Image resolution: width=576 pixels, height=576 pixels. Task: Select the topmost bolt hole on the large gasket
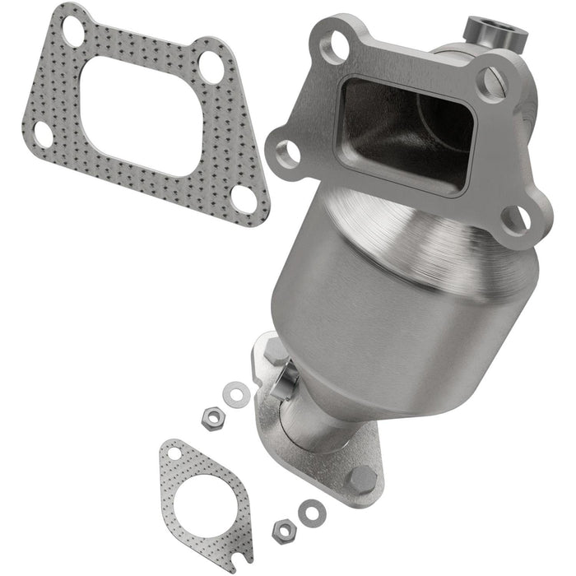coord(73,30)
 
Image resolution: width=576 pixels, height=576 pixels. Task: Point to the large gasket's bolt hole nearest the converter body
coord(244,197)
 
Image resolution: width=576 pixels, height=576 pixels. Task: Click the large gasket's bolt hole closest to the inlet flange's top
coord(211,66)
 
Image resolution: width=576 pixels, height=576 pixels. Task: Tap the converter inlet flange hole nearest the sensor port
coord(490,83)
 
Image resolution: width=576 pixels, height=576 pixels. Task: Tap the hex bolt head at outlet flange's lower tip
coord(361,477)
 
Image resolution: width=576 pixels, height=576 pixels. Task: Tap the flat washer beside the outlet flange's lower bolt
coord(312,513)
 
